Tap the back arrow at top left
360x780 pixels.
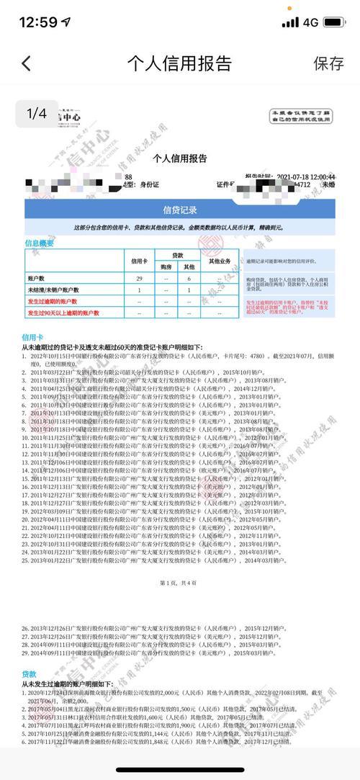click(27, 63)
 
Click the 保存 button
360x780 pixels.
click(328, 63)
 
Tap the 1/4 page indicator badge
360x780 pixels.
click(36, 113)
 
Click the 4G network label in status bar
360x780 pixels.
click(311, 22)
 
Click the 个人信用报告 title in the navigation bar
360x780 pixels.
click(179, 63)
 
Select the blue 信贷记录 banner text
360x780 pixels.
click(180, 210)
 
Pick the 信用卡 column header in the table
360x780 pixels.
click(138, 261)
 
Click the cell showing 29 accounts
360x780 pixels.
click(138, 278)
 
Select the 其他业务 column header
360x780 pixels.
click(219, 261)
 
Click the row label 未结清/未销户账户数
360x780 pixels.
click(55, 290)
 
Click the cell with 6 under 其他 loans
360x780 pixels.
click(189, 278)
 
